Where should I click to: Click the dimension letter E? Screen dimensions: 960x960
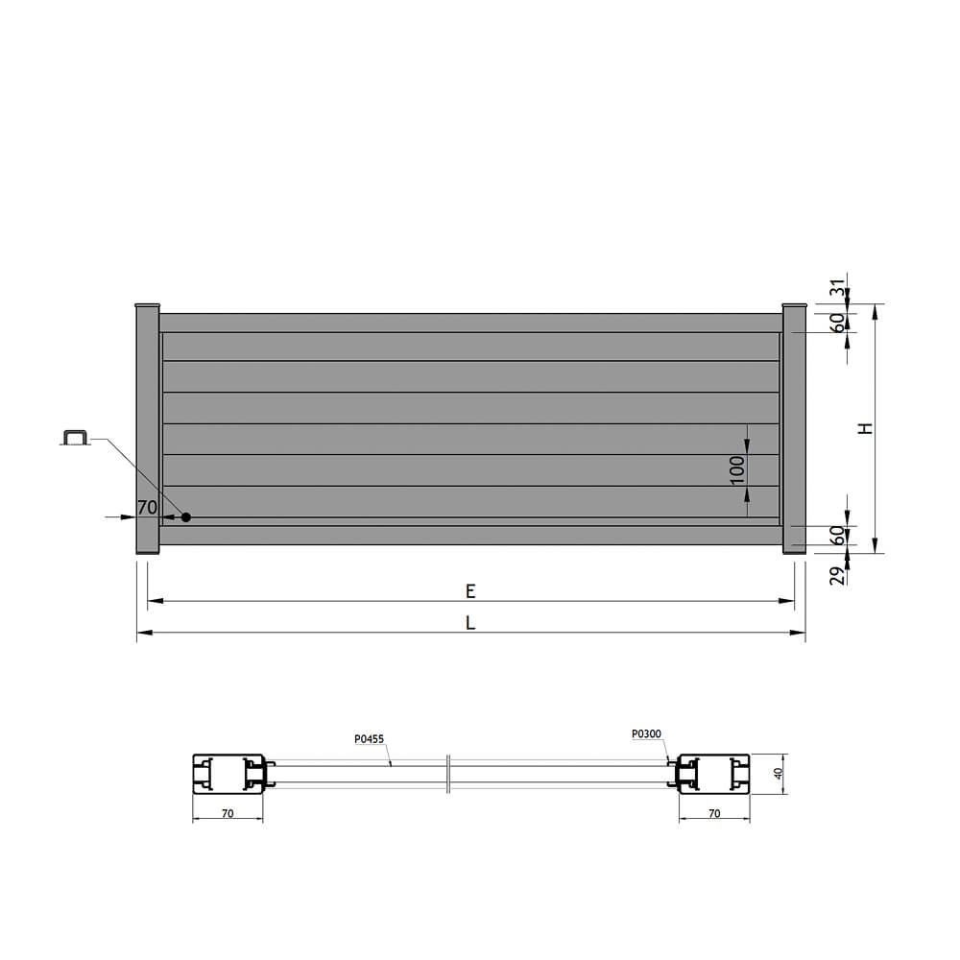tap(470, 590)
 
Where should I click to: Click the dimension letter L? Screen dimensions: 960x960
tap(470, 623)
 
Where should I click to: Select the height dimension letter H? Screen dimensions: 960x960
tap(865, 428)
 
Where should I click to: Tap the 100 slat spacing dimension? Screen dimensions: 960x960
tap(737, 469)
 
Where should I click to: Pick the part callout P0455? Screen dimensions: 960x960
tap(370, 739)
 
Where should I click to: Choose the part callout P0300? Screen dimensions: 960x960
tap(646, 733)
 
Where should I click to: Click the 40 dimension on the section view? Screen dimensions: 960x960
tap(779, 774)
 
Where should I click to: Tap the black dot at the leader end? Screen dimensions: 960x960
tap(186, 517)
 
